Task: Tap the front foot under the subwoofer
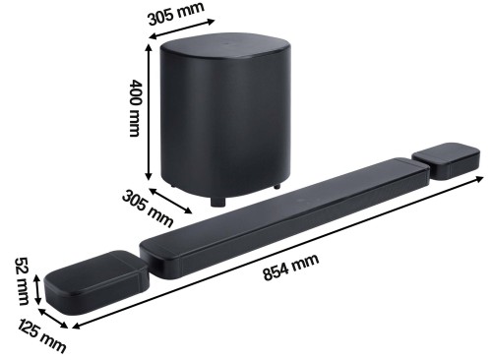[215, 203]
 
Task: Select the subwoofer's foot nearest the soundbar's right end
[280, 186]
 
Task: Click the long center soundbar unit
[285, 216]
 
